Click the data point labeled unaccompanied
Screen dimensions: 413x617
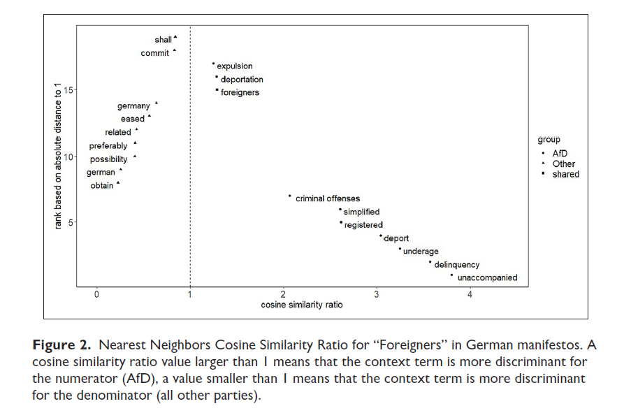point(451,275)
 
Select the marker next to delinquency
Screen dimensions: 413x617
point(430,262)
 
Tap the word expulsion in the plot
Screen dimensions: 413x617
point(235,66)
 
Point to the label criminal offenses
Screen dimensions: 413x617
point(328,199)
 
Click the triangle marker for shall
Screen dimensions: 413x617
point(175,37)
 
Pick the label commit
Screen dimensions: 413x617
point(154,53)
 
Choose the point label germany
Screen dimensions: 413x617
point(133,106)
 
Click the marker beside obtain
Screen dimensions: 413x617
point(118,183)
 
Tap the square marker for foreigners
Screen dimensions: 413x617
point(217,90)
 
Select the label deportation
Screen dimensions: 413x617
point(242,80)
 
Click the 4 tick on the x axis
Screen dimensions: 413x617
point(470,295)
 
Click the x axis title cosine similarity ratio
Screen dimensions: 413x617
point(302,305)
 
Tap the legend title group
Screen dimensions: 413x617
point(549,140)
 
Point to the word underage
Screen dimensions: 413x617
point(421,252)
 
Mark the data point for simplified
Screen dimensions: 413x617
point(340,209)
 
